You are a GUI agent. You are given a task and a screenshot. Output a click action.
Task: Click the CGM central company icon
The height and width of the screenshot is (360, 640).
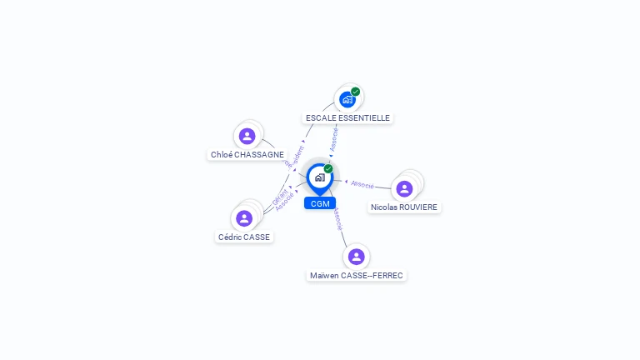[x=319, y=177]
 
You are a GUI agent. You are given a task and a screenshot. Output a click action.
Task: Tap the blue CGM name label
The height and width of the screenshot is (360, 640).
[x=320, y=203]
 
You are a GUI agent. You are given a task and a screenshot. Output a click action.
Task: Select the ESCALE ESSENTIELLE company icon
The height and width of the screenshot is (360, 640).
[x=347, y=99]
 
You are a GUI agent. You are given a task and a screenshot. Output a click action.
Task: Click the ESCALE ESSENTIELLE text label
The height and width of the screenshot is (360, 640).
[x=347, y=118]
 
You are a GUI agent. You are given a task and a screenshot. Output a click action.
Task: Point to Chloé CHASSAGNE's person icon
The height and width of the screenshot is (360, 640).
[x=247, y=136]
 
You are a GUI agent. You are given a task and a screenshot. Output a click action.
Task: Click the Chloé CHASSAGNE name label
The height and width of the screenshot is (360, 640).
[x=247, y=155]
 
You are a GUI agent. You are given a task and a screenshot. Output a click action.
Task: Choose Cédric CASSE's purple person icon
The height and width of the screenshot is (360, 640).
[x=244, y=218]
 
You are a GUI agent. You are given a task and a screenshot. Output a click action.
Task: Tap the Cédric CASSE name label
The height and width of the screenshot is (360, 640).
[x=244, y=237]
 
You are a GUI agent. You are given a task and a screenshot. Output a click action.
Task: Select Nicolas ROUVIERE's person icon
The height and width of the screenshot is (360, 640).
[x=404, y=188]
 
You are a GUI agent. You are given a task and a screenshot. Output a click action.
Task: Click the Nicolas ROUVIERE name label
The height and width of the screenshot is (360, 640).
[x=404, y=207]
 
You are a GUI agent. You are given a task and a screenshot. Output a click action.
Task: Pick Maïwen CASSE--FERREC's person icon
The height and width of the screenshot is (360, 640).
[x=357, y=257]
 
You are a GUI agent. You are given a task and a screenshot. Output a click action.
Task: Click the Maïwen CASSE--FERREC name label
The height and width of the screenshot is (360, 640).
[x=357, y=275]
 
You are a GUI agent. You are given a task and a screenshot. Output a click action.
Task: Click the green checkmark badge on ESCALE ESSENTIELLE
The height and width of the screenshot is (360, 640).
[x=356, y=92]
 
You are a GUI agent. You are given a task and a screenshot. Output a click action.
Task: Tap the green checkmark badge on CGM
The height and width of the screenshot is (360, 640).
[x=328, y=169]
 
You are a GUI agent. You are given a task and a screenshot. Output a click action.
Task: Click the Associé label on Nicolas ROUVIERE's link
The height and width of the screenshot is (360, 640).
[x=362, y=184]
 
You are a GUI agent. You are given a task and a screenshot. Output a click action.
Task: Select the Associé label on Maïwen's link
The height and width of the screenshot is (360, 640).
[x=337, y=219]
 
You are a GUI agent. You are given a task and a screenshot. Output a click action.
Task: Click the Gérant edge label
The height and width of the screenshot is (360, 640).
[x=280, y=197]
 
